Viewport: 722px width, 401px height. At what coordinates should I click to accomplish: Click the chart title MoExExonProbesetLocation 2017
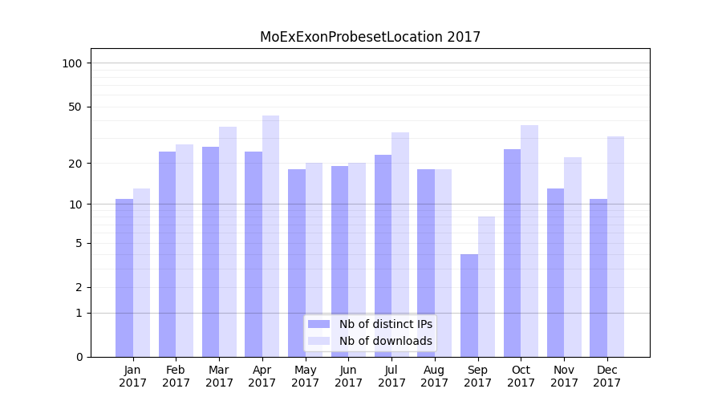pyautogui.click(x=370, y=37)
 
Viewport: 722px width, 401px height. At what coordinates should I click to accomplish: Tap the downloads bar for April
pyautogui.click(x=270, y=236)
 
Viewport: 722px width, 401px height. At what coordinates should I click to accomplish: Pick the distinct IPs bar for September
pyautogui.click(x=469, y=306)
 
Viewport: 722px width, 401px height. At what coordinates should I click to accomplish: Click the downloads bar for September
pyautogui.click(x=486, y=286)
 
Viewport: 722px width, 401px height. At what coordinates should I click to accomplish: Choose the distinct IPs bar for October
pyautogui.click(x=512, y=253)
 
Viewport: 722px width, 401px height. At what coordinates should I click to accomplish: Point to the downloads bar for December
pyautogui.click(x=615, y=246)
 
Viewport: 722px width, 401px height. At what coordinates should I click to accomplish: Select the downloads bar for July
pyautogui.click(x=400, y=245)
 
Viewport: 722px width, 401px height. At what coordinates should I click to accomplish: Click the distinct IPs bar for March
pyautogui.click(x=210, y=252)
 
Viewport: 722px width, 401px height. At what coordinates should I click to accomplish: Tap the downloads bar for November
pyautogui.click(x=573, y=257)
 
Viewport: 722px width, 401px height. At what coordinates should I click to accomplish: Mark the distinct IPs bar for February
pyautogui.click(x=167, y=254)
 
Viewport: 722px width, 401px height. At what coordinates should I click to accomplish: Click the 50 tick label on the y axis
pyautogui.click(x=75, y=107)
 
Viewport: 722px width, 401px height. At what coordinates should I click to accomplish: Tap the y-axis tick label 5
pyautogui.click(x=79, y=243)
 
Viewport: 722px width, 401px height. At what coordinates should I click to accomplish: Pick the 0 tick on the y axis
pyautogui.click(x=79, y=357)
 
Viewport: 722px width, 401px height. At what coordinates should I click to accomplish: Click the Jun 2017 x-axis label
pyautogui.click(x=348, y=376)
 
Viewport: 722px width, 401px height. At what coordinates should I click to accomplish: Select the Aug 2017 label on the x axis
pyautogui.click(x=434, y=376)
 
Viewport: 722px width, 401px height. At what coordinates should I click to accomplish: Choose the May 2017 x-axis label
pyautogui.click(x=305, y=376)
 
